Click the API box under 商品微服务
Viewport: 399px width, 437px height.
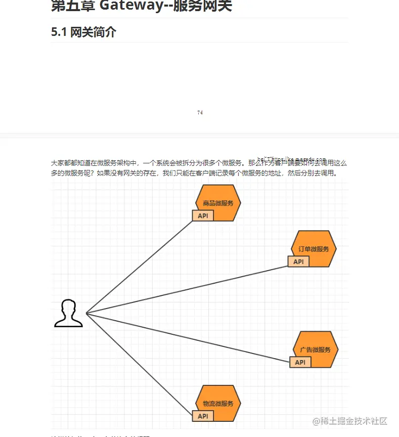[x=203, y=216]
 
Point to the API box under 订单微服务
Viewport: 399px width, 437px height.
[x=298, y=261]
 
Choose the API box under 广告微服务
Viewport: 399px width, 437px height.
[x=300, y=362]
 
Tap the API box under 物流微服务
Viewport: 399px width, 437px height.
[x=203, y=416]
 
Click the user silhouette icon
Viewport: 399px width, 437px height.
[x=68, y=314]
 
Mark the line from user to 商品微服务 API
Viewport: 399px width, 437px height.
[x=140, y=267]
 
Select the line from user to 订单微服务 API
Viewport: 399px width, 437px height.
[x=187, y=289]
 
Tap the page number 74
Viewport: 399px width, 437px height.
[x=200, y=112]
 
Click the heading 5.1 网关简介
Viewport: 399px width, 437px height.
[x=83, y=32]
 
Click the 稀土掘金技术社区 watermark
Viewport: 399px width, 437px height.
[x=350, y=421]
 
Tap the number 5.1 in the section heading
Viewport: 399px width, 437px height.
[x=59, y=32]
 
